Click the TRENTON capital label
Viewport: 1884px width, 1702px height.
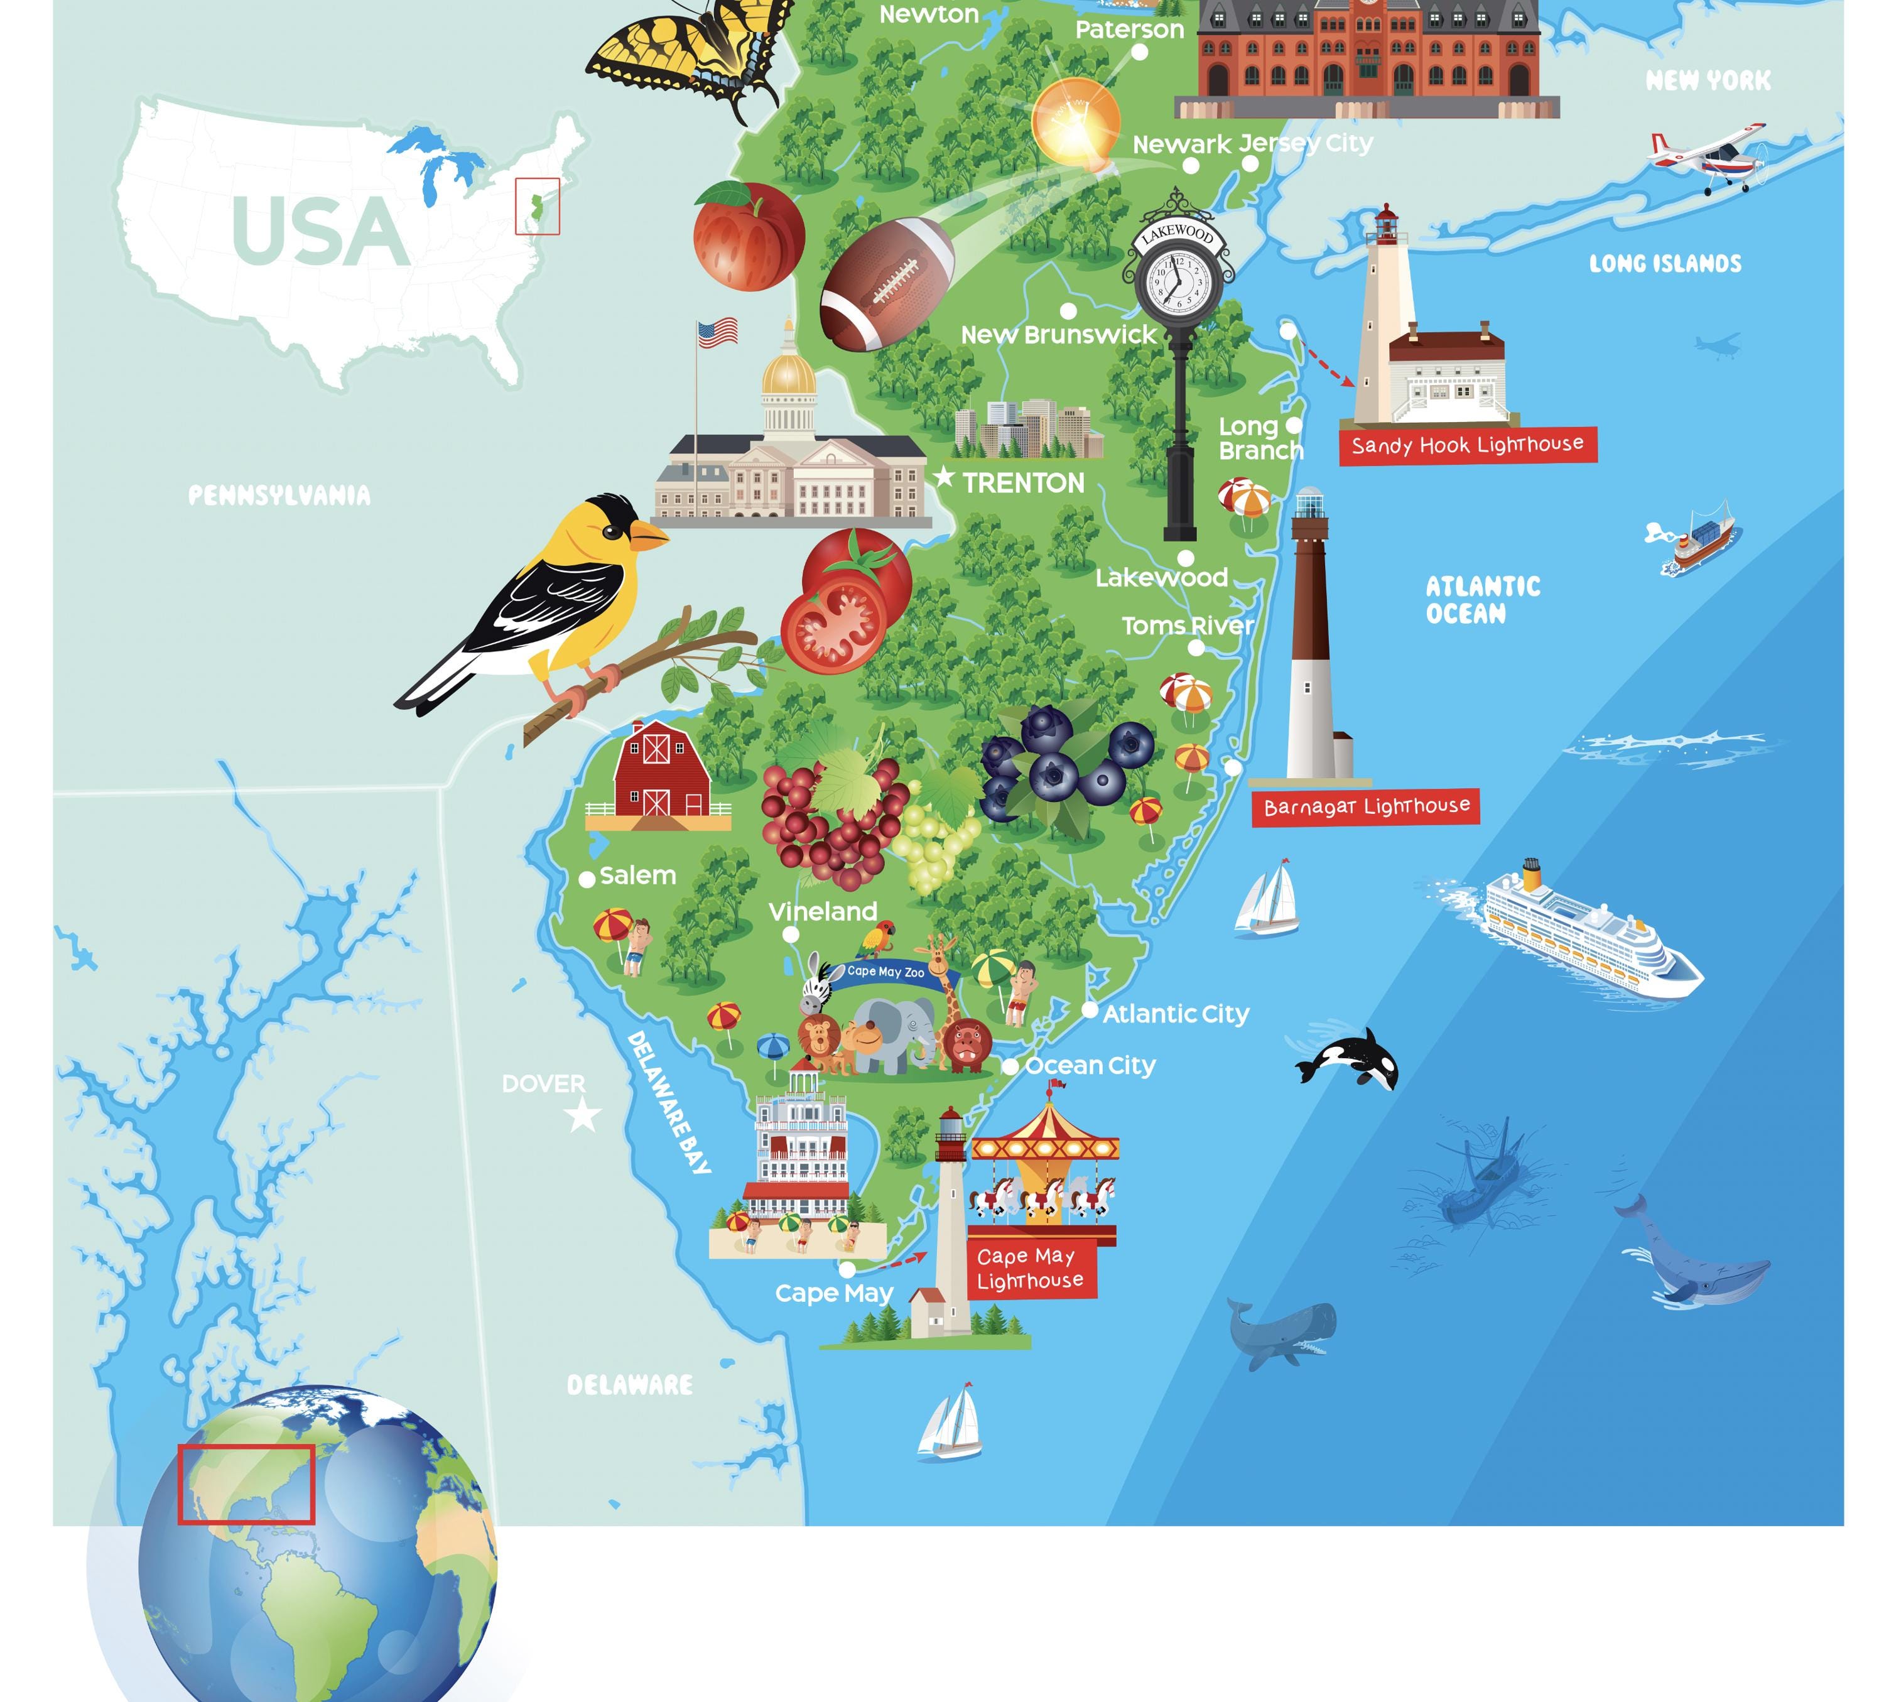[x=1022, y=483]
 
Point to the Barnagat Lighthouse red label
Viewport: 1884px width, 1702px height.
[x=1365, y=806]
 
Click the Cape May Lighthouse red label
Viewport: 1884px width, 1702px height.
[x=1030, y=1268]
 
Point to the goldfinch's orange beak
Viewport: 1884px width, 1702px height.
[x=647, y=534]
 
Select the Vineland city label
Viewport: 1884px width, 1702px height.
[x=823, y=911]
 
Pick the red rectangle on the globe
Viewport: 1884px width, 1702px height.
[x=247, y=1484]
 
